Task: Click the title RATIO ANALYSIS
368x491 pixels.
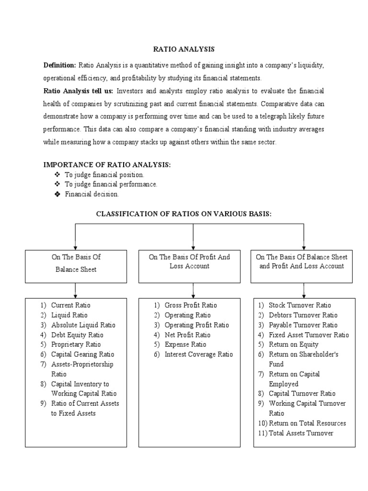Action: click(x=184, y=49)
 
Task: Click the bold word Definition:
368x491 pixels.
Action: click(x=60, y=65)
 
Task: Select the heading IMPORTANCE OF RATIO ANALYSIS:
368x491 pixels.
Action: click(x=107, y=164)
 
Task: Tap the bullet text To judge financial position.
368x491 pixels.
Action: click(x=104, y=175)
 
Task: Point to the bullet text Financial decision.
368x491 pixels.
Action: click(x=92, y=194)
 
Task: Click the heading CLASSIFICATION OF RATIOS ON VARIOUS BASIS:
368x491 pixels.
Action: click(x=184, y=214)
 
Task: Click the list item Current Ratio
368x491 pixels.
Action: click(x=70, y=305)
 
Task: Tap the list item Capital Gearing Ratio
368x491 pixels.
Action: click(x=82, y=354)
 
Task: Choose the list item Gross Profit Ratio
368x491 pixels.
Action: click(x=190, y=305)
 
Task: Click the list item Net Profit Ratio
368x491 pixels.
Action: click(x=187, y=335)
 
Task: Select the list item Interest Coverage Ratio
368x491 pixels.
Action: click(x=198, y=354)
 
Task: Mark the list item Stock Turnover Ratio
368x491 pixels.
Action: click(x=299, y=305)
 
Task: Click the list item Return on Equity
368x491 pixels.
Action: click(x=293, y=344)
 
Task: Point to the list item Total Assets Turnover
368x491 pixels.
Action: click(x=300, y=433)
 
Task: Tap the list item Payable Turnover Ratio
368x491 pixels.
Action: click(x=303, y=325)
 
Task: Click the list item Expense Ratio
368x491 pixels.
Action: click(x=185, y=344)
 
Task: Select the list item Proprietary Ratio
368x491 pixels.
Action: click(x=76, y=344)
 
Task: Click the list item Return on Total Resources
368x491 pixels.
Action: click(x=307, y=423)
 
